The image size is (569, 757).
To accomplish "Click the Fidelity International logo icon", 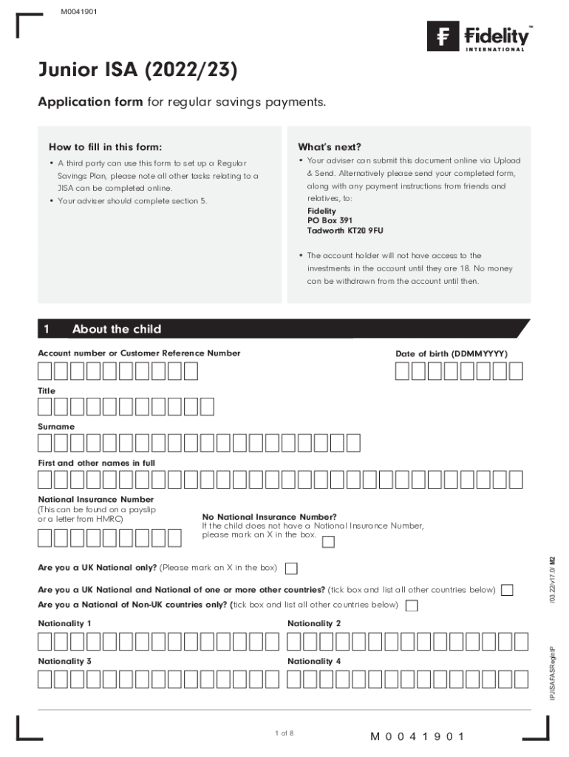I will tap(443, 35).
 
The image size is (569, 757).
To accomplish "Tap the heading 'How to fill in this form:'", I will tap(106, 146).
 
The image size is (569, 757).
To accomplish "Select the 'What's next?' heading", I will tap(330, 146).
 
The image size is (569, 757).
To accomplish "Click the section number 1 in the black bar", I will tap(46, 329).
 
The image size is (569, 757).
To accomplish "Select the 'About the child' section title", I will tap(117, 329).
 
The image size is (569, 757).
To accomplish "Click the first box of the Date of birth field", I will tap(403, 371).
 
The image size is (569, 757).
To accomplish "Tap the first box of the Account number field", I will tap(46, 371).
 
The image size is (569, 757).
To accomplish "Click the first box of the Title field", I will tap(46, 407).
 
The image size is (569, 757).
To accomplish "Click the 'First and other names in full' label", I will tap(96, 463).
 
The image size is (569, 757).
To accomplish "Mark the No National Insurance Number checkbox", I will tap(328, 543).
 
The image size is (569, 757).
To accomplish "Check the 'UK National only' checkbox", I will tap(292, 568).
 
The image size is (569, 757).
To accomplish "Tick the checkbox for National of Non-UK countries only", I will tap(412, 606).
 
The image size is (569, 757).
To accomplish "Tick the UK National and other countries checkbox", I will tap(507, 590).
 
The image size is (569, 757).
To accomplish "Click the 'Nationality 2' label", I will tap(314, 623).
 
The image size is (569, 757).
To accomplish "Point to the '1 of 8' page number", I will tap(284, 733).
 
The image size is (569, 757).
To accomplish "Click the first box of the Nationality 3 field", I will tap(46, 679).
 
